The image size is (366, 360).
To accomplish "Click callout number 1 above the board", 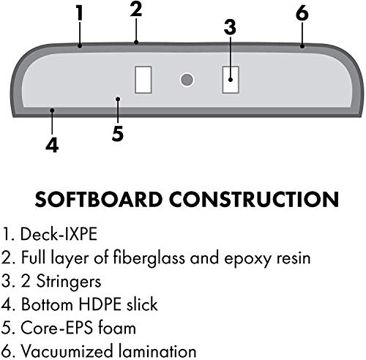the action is click(x=80, y=12).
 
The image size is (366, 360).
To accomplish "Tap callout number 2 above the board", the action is click(x=136, y=10).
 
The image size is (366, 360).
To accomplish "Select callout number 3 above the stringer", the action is click(x=230, y=27).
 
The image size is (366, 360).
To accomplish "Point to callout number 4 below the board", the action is click(x=52, y=145).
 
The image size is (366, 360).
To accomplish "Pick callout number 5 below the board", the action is click(x=118, y=133).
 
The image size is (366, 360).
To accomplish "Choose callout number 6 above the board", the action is click(x=302, y=12).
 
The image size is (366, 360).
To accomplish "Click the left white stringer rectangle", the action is click(x=143, y=80).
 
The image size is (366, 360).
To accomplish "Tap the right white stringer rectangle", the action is click(x=231, y=80).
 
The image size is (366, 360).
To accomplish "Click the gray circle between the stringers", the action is click(x=187, y=80).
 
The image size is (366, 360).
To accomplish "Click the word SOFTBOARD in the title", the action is click(x=99, y=199).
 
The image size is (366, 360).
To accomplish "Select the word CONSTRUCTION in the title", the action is click(x=254, y=199).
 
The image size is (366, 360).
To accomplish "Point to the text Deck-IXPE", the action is click(x=59, y=234).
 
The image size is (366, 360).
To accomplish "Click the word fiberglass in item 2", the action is click(x=149, y=258).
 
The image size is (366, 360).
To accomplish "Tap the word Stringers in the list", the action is click(x=69, y=281).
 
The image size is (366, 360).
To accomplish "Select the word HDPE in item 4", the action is click(x=100, y=304).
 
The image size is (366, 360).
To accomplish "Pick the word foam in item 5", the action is click(x=117, y=328).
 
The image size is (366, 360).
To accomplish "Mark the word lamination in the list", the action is click(x=157, y=351).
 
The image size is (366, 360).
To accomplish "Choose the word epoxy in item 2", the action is click(x=247, y=258).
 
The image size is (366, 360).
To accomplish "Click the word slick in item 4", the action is click(x=142, y=304).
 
